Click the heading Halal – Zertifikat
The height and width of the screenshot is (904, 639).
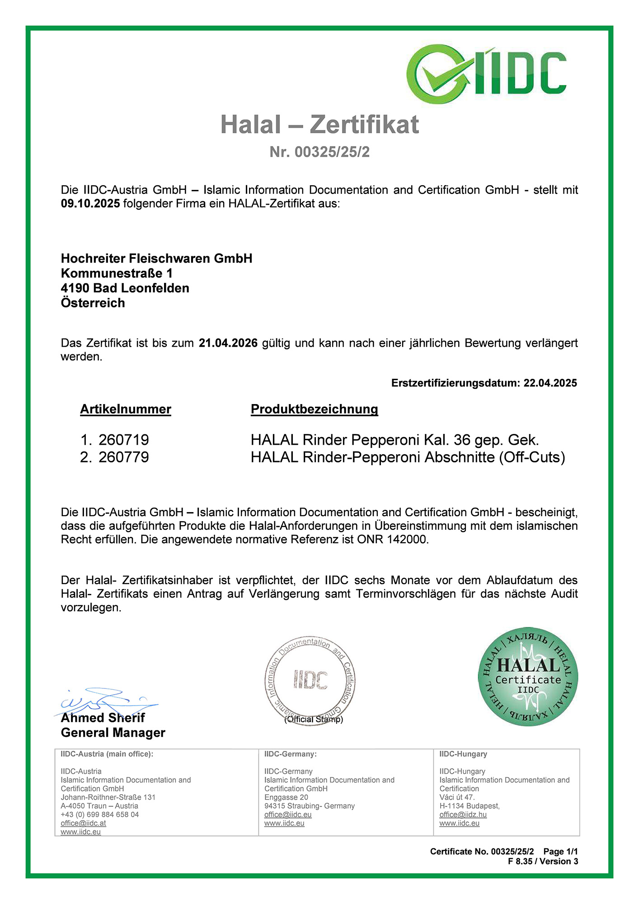tap(319, 125)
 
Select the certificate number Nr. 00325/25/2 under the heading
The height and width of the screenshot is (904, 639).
tap(319, 152)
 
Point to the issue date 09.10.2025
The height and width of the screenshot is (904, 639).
tap(90, 203)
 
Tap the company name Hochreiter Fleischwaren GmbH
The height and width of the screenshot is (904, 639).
tap(156, 259)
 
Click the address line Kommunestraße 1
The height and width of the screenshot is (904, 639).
tap(117, 273)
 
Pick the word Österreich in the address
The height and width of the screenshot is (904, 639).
tap(93, 303)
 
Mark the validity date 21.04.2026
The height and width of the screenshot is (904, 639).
tap(228, 343)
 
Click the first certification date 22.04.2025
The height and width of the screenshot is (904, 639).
tap(550, 383)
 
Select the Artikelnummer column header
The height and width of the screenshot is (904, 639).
tap(126, 410)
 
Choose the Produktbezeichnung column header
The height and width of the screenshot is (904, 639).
tap(314, 410)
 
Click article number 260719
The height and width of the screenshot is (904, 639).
tap(123, 440)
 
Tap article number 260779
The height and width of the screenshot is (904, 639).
tap(123, 457)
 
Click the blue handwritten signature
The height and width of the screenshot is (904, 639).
tap(106, 701)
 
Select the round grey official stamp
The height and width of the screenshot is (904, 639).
tap(310, 680)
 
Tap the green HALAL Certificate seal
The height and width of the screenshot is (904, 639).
tap(528, 677)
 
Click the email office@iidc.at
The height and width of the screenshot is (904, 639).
tap(83, 823)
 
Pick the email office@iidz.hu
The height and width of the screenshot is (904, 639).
tap(463, 815)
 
